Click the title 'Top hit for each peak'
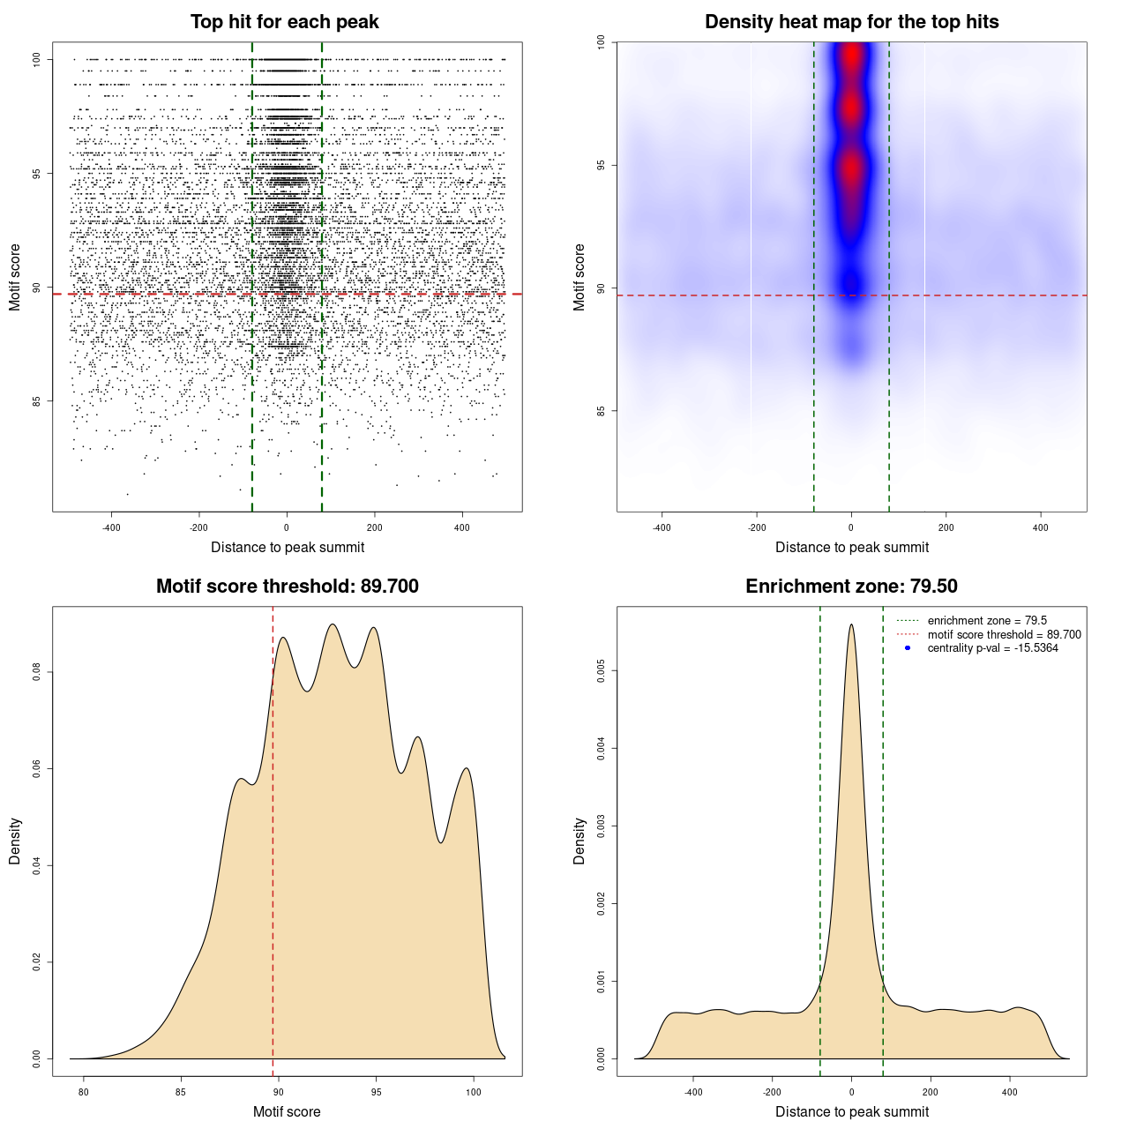[285, 22]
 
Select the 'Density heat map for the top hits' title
[851, 22]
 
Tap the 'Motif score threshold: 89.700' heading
[287, 587]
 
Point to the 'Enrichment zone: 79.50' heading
[851, 587]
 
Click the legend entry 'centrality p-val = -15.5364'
[992, 648]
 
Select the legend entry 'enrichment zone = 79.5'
[987, 621]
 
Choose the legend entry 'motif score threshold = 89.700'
[1004, 635]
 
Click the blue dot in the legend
[908, 648]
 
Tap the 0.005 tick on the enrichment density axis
[602, 671]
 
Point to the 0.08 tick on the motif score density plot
[37, 672]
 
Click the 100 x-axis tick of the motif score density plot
[474, 1093]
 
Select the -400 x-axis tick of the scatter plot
[111, 528]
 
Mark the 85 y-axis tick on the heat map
[602, 411]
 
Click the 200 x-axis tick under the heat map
[946, 528]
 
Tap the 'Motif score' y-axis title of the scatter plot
[15, 277]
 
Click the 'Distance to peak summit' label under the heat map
[851, 548]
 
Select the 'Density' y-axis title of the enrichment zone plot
[579, 841]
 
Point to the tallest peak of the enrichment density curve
[851, 625]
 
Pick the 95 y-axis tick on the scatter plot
[37, 174]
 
